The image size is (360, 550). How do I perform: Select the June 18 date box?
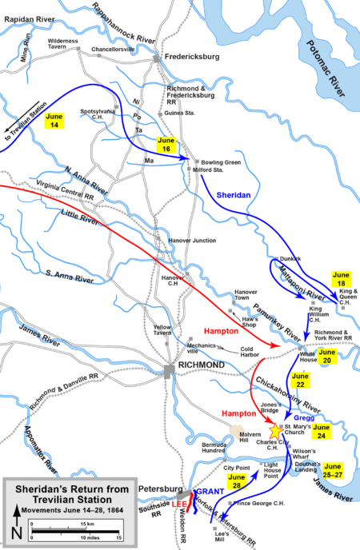point(342,278)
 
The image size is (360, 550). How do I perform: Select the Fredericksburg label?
point(192,57)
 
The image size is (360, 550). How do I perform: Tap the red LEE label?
point(181,504)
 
